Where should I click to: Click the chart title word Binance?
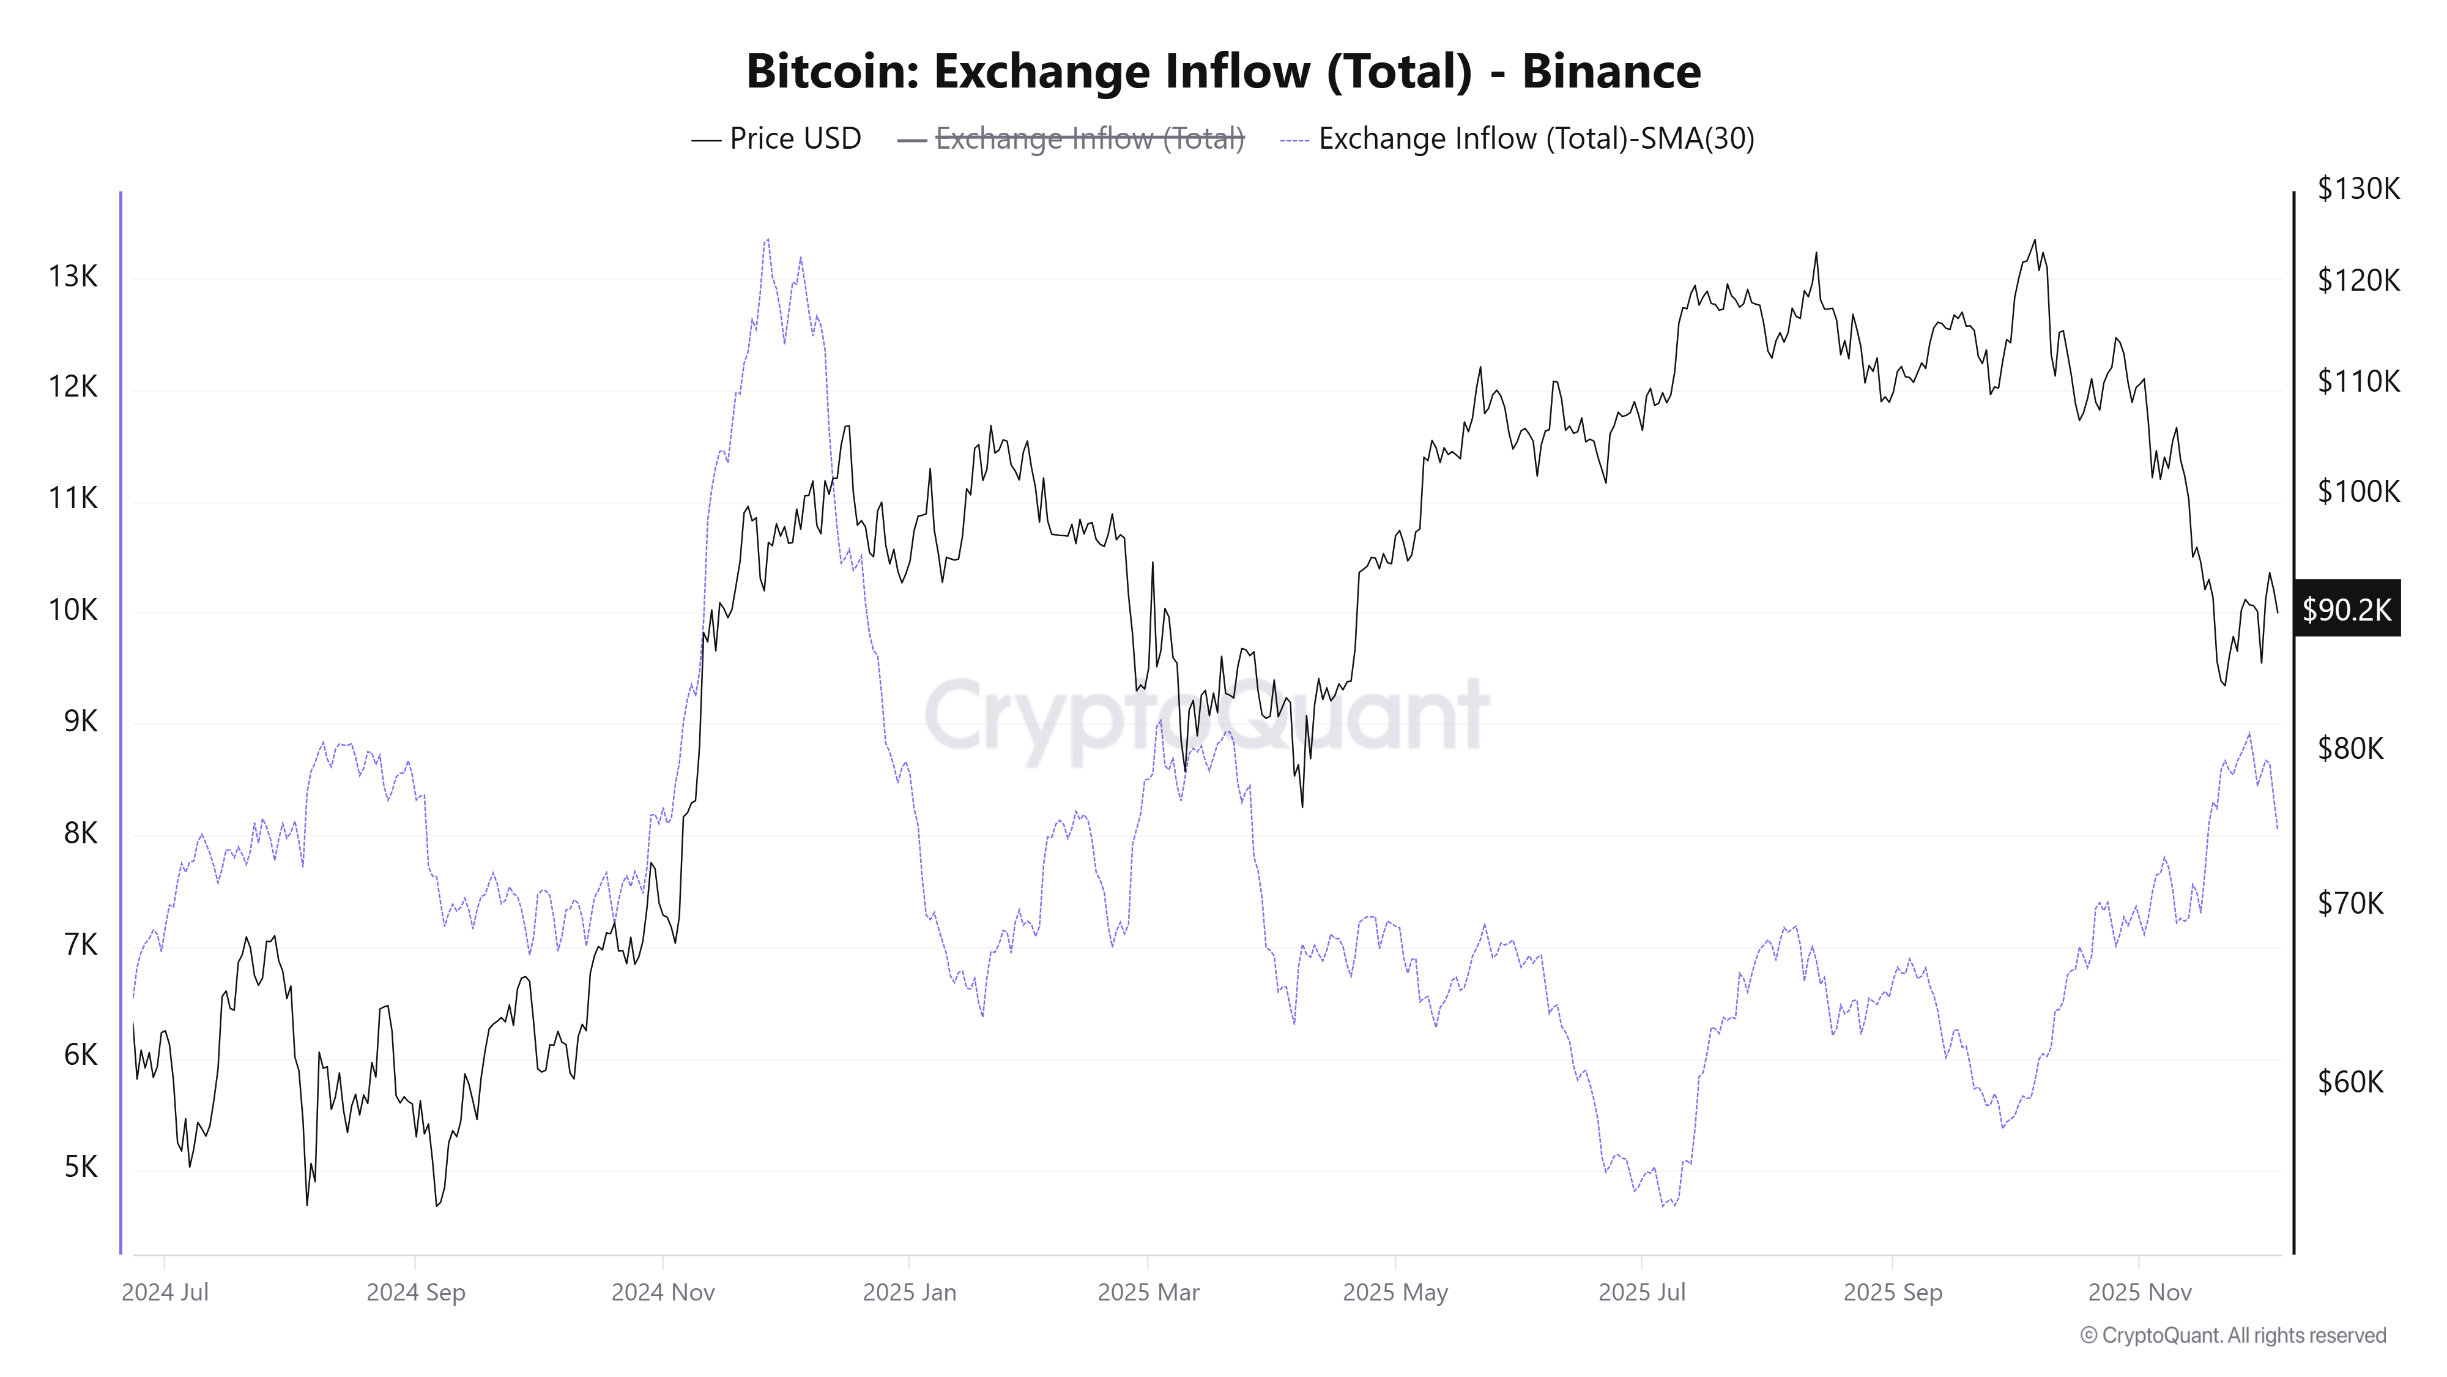pyautogui.click(x=1611, y=71)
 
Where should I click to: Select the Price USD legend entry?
pyautogui.click(x=794, y=139)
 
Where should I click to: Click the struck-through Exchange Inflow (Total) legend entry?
pyautogui.click(x=1089, y=139)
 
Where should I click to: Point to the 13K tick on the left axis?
pyautogui.click(x=73, y=277)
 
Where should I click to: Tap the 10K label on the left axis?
pyautogui.click(x=73, y=609)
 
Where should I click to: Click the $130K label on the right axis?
pyautogui.click(x=2358, y=188)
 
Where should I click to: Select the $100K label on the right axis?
pyautogui.click(x=2358, y=491)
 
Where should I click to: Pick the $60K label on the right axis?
pyautogui.click(x=2350, y=1081)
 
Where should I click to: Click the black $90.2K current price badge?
pyautogui.click(x=2346, y=609)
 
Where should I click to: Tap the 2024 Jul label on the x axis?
pyautogui.click(x=165, y=1293)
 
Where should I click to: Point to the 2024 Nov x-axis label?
pyautogui.click(x=663, y=1293)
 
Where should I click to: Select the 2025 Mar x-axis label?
pyautogui.click(x=1148, y=1293)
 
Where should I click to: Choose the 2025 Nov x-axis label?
pyautogui.click(x=2139, y=1293)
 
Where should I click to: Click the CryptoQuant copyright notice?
pyautogui.click(x=2232, y=1335)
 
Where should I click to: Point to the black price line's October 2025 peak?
pyautogui.click(x=2034, y=241)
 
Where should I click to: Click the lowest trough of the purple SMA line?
pyautogui.click(x=1663, y=1206)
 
